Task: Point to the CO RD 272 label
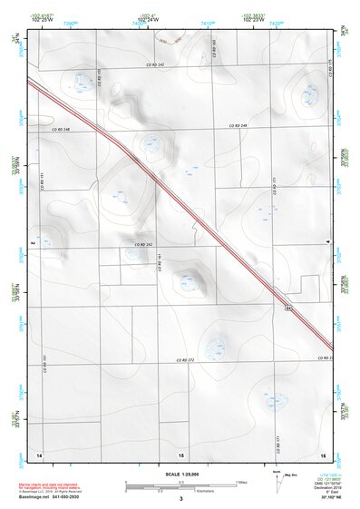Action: coord(185,360)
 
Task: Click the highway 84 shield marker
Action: coord(288,309)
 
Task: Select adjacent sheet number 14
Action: coord(39,453)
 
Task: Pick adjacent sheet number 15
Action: coord(181,453)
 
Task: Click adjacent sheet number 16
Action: coord(323,453)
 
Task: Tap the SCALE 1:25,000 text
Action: coord(180,474)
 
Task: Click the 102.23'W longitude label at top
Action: coord(254,20)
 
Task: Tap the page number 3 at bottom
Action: coord(181,499)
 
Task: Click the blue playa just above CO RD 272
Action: coord(215,345)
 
